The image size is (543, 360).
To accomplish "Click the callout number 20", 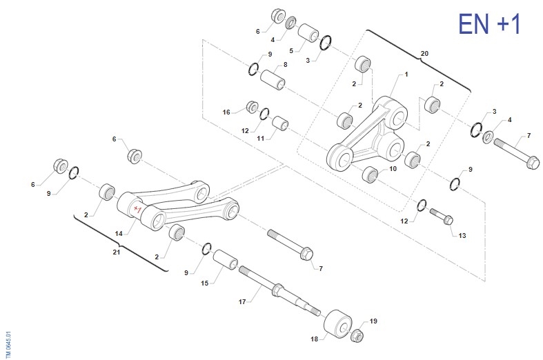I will pyautogui.click(x=424, y=52).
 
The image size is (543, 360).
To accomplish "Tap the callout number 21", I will pyautogui.click(x=117, y=252).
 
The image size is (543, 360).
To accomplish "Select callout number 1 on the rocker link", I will pyautogui.click(x=406, y=74).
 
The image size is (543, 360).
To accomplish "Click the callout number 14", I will pyautogui.click(x=119, y=234).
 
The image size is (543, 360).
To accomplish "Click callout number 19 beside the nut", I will pyautogui.click(x=373, y=321).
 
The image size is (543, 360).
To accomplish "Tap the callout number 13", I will pyautogui.click(x=462, y=235).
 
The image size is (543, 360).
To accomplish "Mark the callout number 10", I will pyautogui.click(x=393, y=168).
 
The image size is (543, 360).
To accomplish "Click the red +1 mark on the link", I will pyautogui.click(x=137, y=208).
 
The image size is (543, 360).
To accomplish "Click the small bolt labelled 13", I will pyautogui.click(x=441, y=217).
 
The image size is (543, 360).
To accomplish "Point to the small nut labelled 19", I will pyautogui.click(x=357, y=336).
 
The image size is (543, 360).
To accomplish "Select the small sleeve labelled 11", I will pyautogui.click(x=280, y=124).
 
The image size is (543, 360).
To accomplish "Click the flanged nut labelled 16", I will pyautogui.click(x=253, y=107).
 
